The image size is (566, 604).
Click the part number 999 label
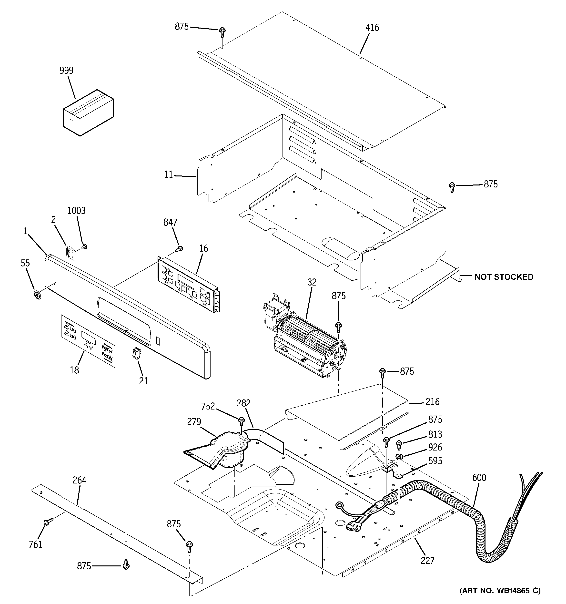point(66,71)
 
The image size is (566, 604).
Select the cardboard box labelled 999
point(88,113)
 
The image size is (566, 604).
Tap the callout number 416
point(372,28)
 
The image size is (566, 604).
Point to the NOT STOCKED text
point(504,277)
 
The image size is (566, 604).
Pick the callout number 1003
point(76,211)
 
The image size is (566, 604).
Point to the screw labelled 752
point(241,421)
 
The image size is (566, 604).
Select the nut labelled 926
point(399,456)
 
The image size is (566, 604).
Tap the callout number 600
point(479,478)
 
